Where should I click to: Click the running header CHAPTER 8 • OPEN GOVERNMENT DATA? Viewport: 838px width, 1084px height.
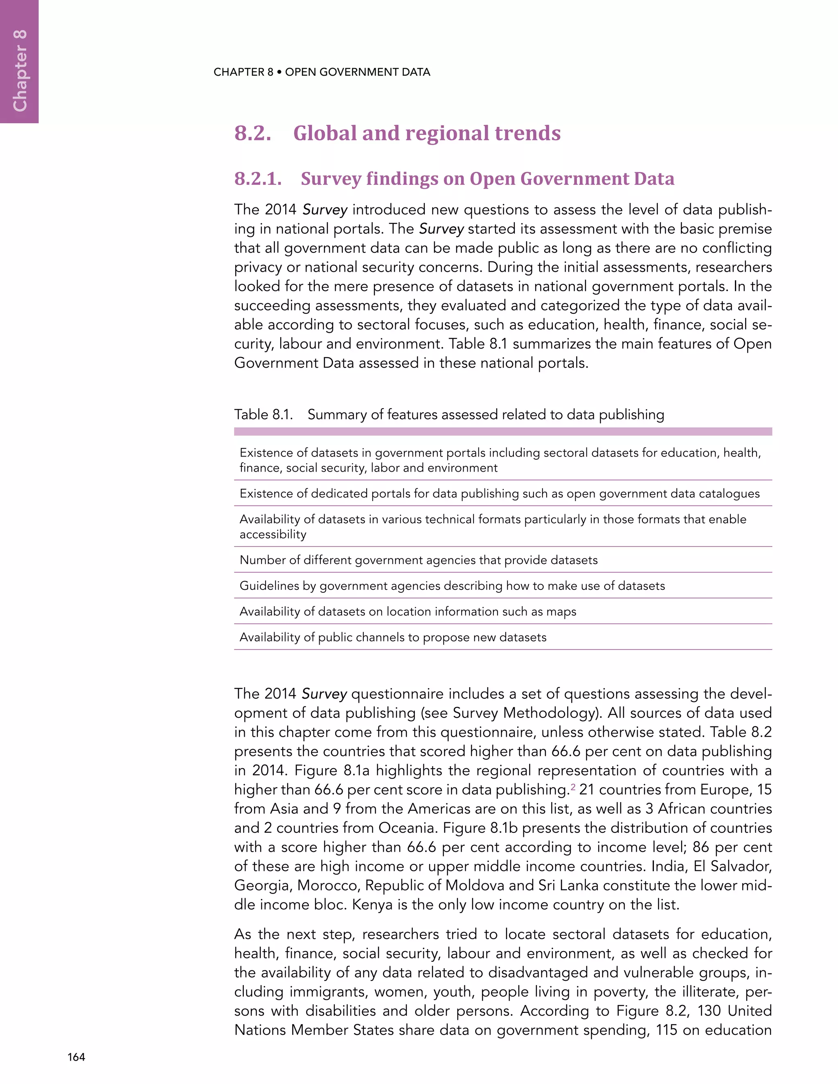pyautogui.click(x=322, y=72)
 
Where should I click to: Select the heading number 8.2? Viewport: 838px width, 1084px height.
pyautogui.click(x=253, y=133)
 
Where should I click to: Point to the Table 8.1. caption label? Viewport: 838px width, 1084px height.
pyautogui.click(x=264, y=414)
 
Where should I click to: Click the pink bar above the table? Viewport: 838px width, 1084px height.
pyautogui.click(x=502, y=431)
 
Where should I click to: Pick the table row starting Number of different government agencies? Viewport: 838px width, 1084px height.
pyautogui.click(x=419, y=560)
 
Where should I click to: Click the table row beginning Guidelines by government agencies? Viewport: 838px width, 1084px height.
pyautogui.click(x=452, y=586)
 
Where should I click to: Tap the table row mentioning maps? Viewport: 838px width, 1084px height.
pyautogui.click(x=408, y=612)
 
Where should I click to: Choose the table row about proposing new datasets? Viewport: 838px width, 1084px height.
pyautogui.click(x=393, y=637)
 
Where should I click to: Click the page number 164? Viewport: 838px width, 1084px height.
pyautogui.click(x=76, y=1057)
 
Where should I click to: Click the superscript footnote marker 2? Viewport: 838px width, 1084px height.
pyautogui.click(x=573, y=787)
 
